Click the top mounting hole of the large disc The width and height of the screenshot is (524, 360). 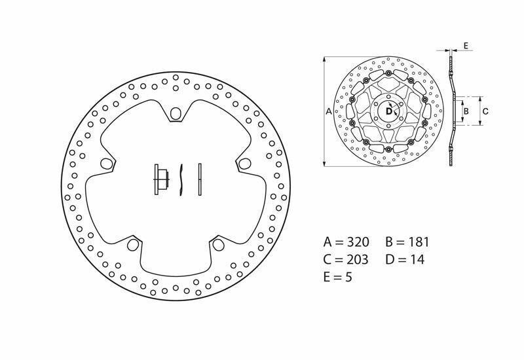pos(175,115)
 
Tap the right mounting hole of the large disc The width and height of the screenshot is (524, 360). pos(244,163)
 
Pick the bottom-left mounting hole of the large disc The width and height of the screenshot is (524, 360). pos(132,245)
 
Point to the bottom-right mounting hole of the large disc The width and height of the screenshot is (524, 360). pos(217,244)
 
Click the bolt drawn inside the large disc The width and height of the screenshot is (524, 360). pos(160,179)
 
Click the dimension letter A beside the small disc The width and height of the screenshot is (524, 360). pos(329,112)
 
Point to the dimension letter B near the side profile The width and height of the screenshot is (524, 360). pos(466,111)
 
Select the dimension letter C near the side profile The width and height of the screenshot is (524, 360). pos(485,111)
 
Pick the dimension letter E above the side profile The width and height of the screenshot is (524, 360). pos(465,46)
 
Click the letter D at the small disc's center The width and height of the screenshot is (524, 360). pos(388,111)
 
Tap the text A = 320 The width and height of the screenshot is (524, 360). pos(346,241)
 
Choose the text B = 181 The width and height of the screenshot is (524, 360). pos(407,241)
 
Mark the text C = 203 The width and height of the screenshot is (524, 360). pos(346,259)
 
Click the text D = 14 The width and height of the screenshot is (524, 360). pos(405,259)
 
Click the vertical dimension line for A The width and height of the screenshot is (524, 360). pos(323,111)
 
